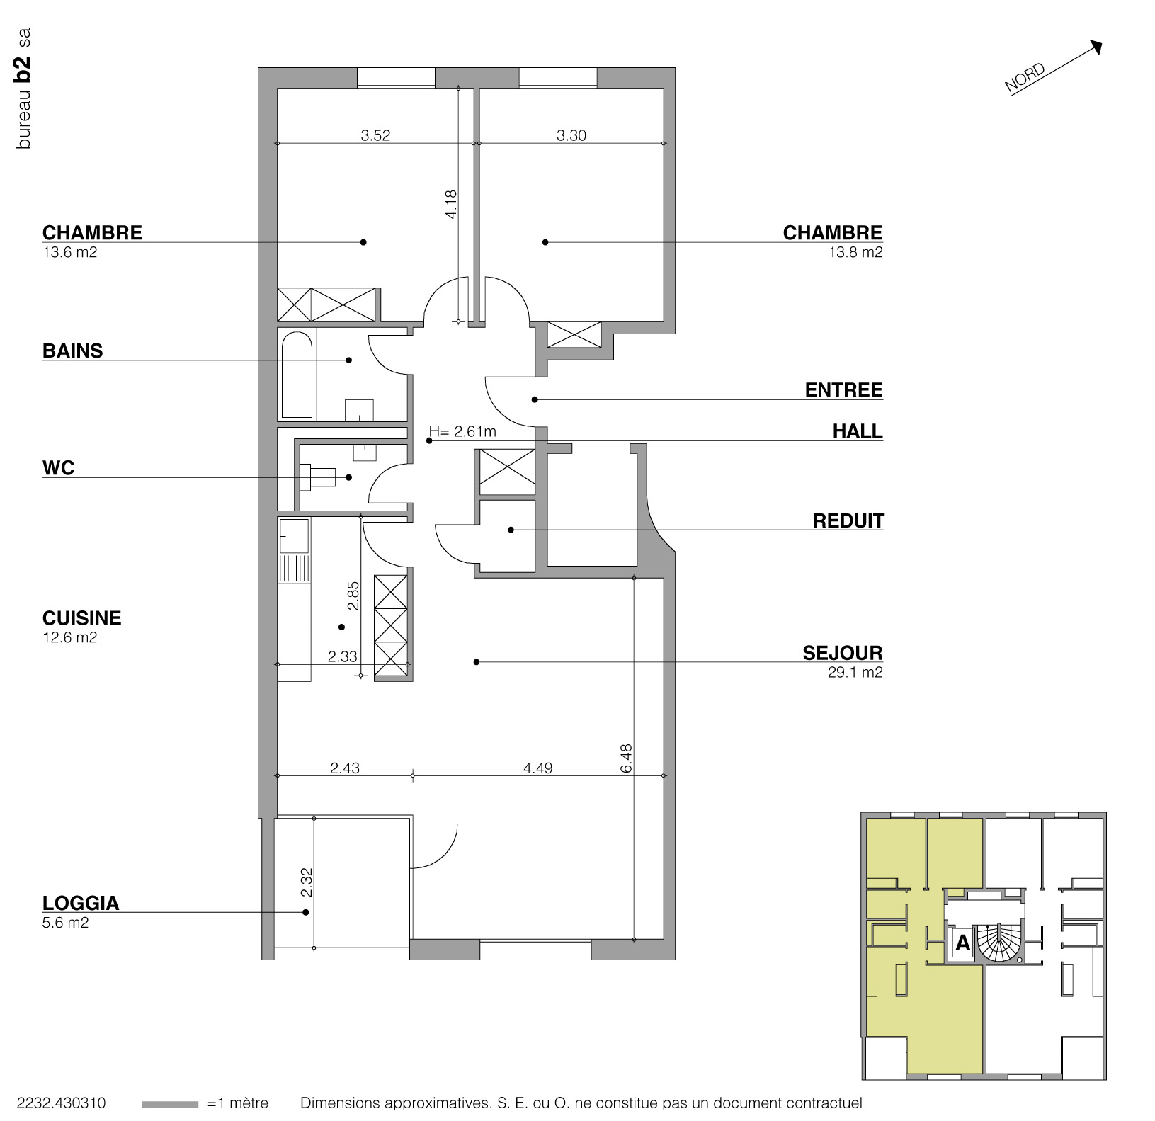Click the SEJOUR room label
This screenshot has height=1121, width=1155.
pyautogui.click(x=842, y=652)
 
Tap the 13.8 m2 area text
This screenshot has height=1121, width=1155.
pyautogui.click(x=855, y=252)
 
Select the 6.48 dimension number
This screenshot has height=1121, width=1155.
pyautogui.click(x=625, y=758)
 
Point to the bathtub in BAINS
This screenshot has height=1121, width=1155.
pyautogui.click(x=297, y=375)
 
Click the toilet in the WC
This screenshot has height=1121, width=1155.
pyautogui.click(x=318, y=477)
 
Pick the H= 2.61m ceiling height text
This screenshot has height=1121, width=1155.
pyautogui.click(x=462, y=431)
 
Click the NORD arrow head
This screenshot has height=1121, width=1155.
pyautogui.click(x=1096, y=47)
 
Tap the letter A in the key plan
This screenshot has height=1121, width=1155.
pyautogui.click(x=962, y=943)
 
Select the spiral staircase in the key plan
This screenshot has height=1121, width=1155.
pyautogui.click(x=999, y=943)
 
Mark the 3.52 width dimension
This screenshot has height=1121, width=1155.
pyautogui.click(x=375, y=135)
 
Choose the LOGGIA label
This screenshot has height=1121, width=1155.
pyautogui.click(x=81, y=903)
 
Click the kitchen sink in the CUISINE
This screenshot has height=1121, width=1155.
pyautogui.click(x=294, y=535)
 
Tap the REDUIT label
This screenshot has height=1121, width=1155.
pyautogui.click(x=848, y=521)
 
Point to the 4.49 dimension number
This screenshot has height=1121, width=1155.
pyautogui.click(x=537, y=768)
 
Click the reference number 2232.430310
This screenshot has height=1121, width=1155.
pyautogui.click(x=60, y=1103)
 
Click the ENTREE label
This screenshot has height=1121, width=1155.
pyautogui.click(x=843, y=390)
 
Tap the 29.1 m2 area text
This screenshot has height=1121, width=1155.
pyautogui.click(x=855, y=673)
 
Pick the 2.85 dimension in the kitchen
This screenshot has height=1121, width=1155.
pyautogui.click(x=353, y=595)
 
